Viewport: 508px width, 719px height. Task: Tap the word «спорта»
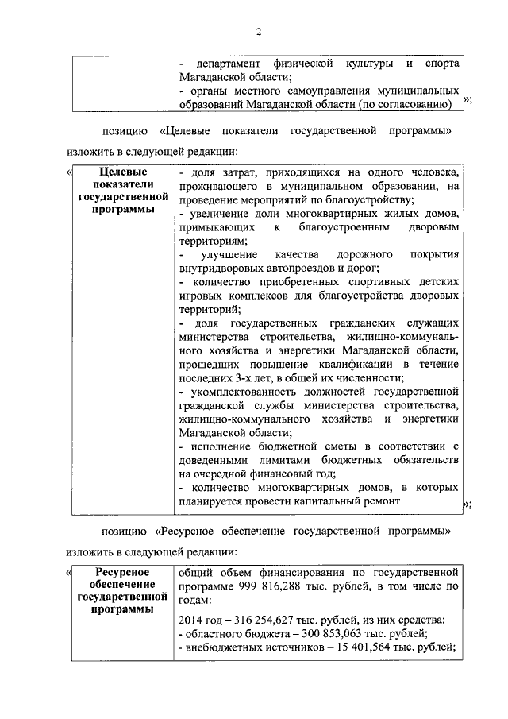441,62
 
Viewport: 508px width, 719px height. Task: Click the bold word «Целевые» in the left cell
121,172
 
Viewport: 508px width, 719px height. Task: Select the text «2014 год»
202,619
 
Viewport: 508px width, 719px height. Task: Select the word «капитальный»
332,501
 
